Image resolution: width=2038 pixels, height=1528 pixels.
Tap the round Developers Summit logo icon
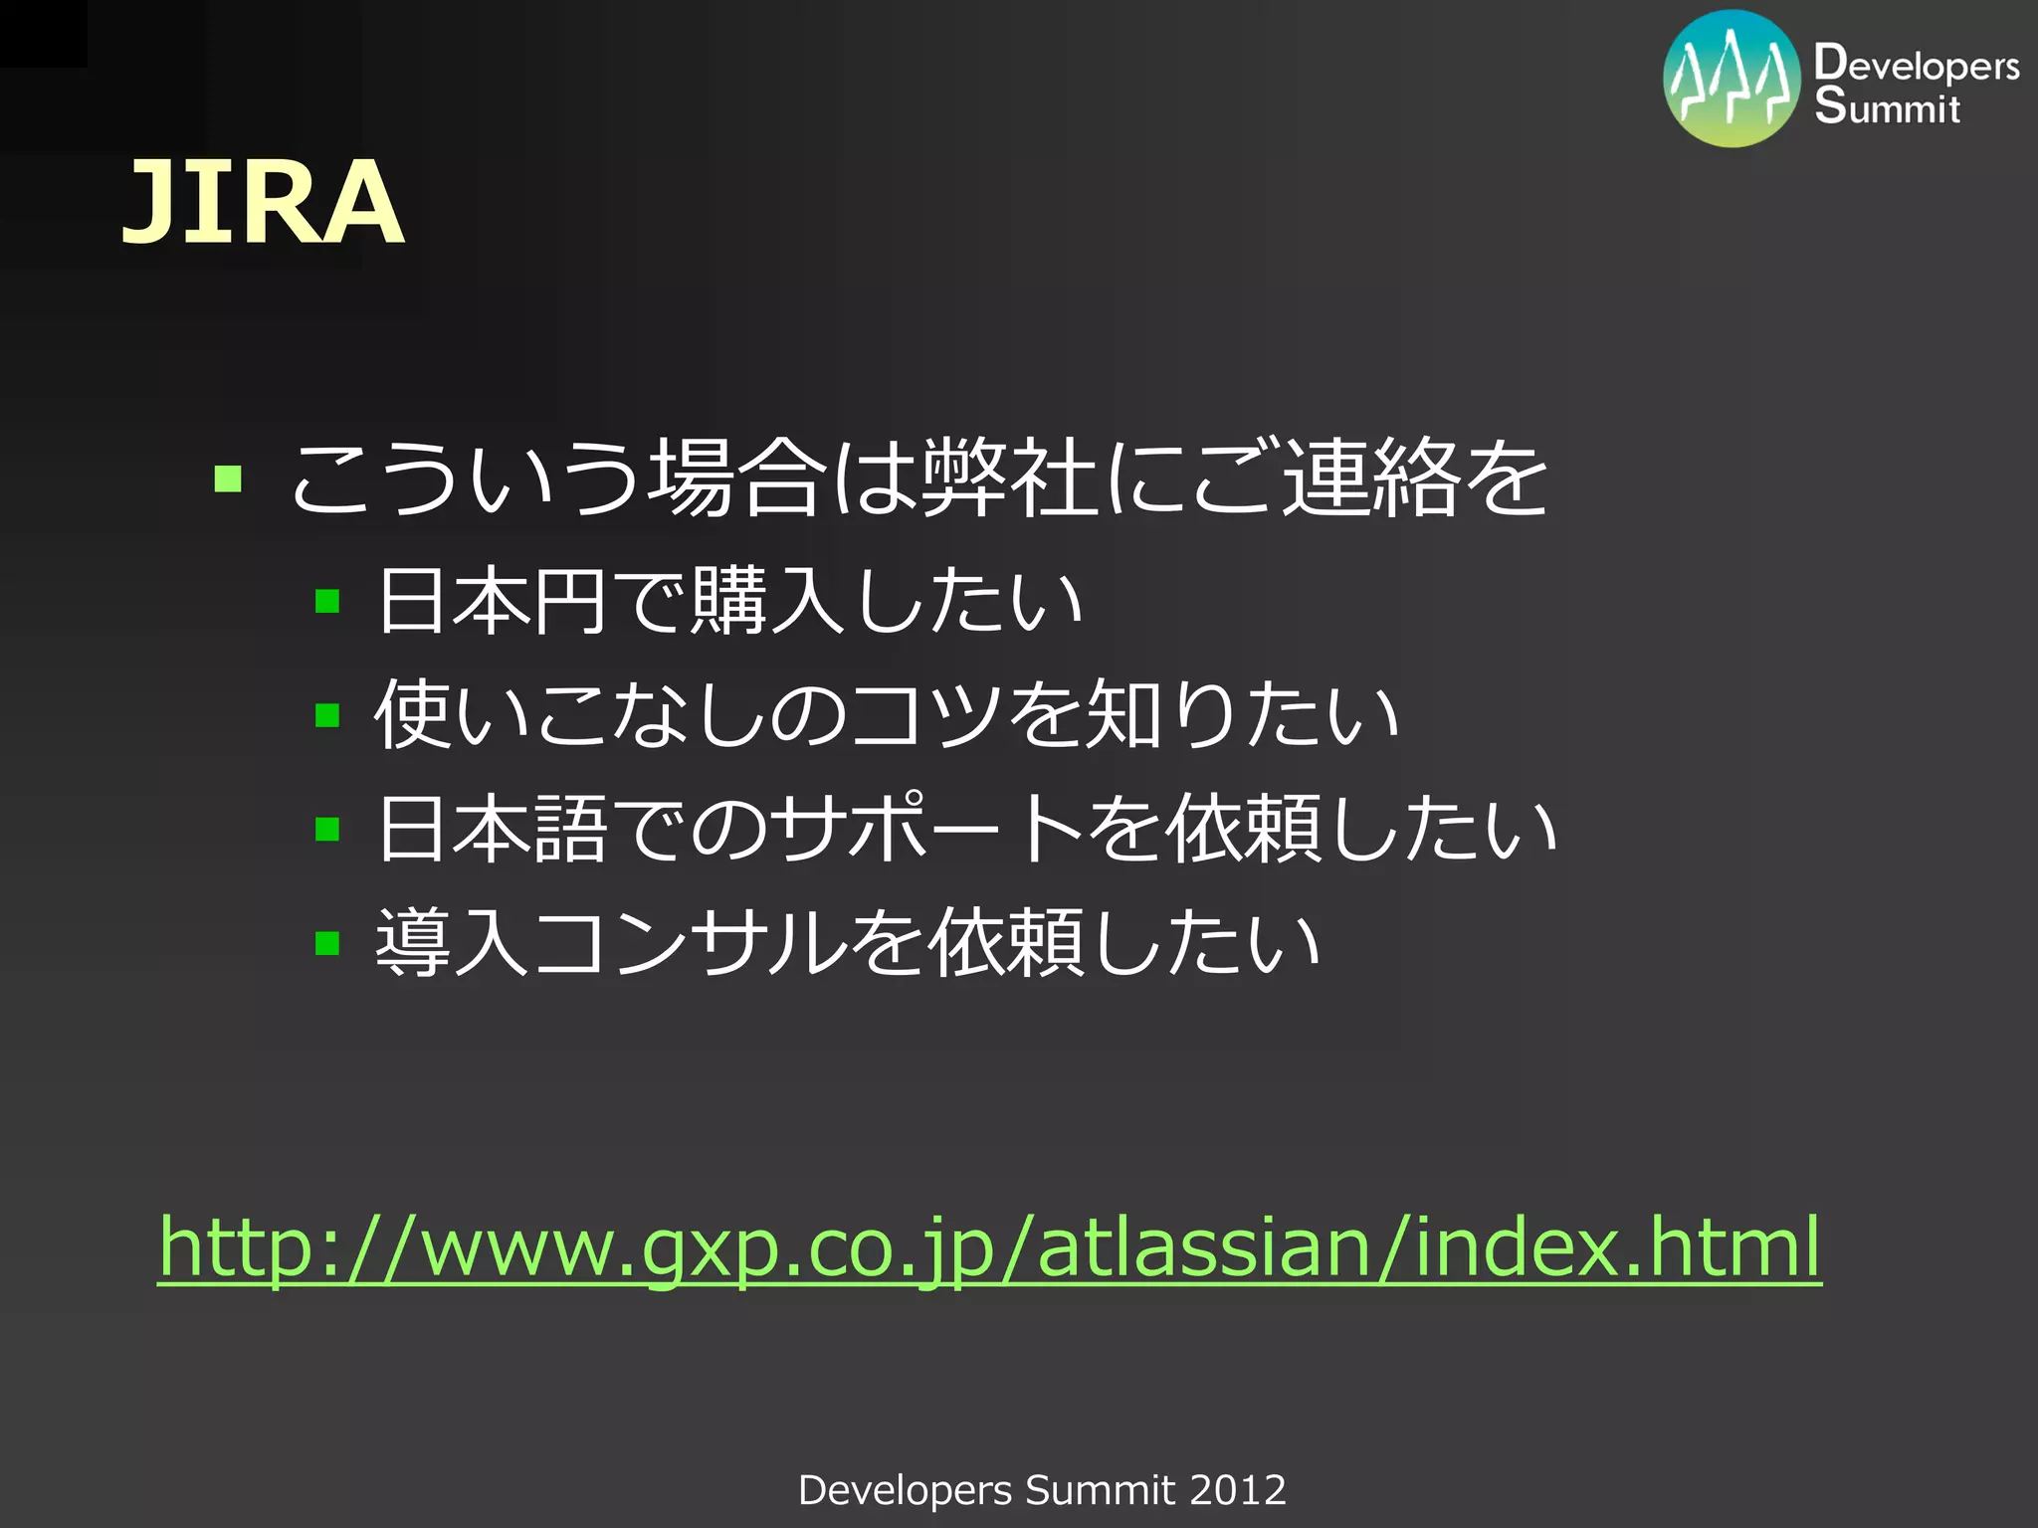[x=1732, y=80]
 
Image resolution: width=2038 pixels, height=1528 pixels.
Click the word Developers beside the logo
[x=1917, y=65]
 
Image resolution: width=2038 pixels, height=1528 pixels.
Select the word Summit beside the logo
[x=1887, y=106]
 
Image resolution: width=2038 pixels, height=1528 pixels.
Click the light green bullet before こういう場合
[x=228, y=478]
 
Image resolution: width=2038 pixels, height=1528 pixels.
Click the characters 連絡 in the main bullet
[x=1370, y=478]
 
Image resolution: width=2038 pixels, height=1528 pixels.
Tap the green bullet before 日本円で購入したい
[x=327, y=601]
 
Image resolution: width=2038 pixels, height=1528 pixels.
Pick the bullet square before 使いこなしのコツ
[x=327, y=714]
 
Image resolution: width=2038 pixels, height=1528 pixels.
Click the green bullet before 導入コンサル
[x=327, y=942]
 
